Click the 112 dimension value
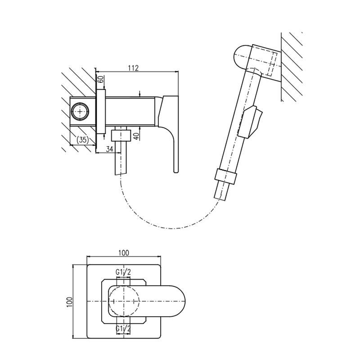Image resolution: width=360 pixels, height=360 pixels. (133, 68)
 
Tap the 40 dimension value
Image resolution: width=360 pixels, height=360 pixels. (136, 136)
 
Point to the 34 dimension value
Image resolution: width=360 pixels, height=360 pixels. (109, 149)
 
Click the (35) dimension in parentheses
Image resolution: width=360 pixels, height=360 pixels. (82, 139)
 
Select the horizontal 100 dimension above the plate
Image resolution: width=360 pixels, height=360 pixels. (123, 253)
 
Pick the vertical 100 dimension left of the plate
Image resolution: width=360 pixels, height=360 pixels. (70, 301)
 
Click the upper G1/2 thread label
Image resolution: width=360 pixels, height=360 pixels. (123, 273)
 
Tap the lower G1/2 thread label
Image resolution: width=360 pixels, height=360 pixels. (123, 329)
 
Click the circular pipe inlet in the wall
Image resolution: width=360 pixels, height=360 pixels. (80, 112)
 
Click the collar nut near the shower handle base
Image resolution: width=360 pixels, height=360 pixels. (225, 177)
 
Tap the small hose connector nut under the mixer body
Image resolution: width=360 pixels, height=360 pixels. (121, 135)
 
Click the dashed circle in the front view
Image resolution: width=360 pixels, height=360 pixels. (124, 301)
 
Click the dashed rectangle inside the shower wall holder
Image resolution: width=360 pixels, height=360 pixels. (272, 64)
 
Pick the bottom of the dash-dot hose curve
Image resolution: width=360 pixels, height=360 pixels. (172, 229)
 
